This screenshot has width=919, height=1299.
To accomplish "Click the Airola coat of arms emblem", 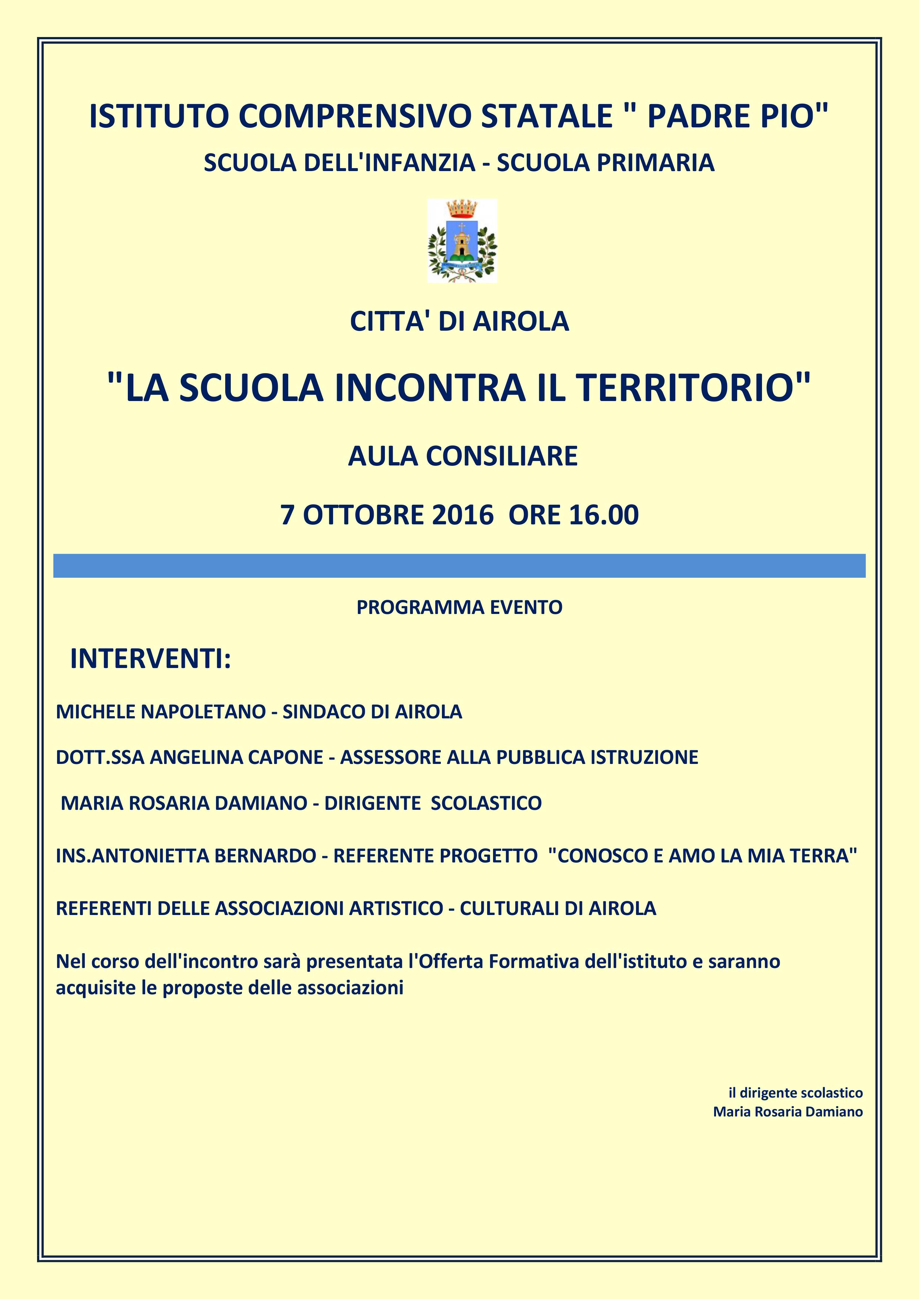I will [462, 240].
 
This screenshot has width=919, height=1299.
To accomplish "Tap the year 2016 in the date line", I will [462, 515].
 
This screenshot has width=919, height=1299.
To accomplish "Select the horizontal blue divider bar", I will [459, 566].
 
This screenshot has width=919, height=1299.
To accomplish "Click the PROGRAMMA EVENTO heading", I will [459, 607].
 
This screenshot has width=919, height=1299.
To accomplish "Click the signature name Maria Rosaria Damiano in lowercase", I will [788, 1112].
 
